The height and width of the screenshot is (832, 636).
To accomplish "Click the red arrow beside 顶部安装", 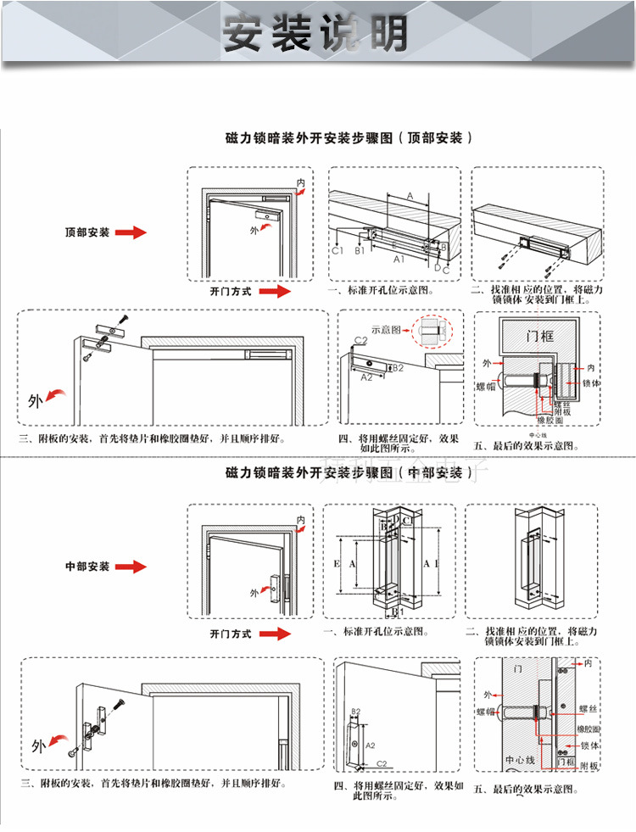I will point(131,232).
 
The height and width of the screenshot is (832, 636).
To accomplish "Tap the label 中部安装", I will point(87,566).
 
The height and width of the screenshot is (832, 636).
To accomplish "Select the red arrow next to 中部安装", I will point(131,567).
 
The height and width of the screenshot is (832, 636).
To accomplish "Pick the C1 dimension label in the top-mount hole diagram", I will point(337,250).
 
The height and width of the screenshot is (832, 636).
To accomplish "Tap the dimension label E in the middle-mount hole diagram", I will point(337,563).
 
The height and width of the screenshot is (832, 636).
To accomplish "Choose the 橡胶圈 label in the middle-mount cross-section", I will point(589,729).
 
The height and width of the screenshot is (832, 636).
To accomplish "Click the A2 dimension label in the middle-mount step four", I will point(370,745).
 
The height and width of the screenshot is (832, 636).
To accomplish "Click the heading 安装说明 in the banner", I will point(315,32).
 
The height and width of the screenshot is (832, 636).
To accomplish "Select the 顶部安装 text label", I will point(87,232).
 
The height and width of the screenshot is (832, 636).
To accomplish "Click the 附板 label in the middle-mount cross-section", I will point(589,766).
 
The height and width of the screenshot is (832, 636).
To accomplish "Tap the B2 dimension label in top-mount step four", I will point(398,368).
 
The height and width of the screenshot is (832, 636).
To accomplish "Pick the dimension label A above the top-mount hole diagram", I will point(410,196).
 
